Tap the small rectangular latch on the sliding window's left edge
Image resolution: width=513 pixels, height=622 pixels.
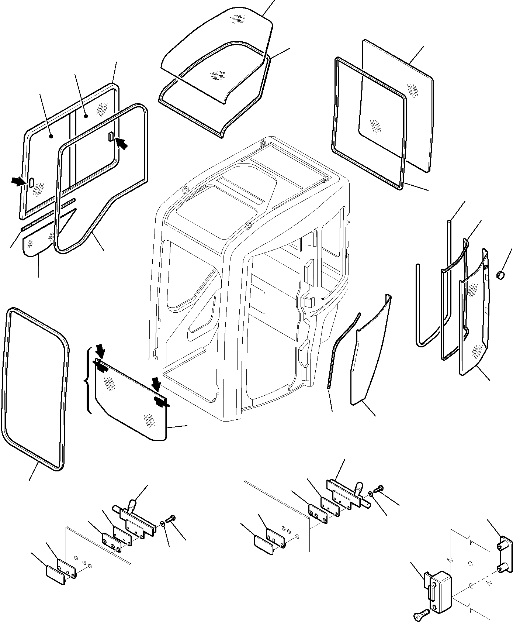tap(31, 182)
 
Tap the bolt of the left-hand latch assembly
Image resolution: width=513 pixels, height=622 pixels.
tap(172, 520)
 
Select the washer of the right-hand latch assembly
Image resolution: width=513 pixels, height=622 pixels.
tap(371, 493)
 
